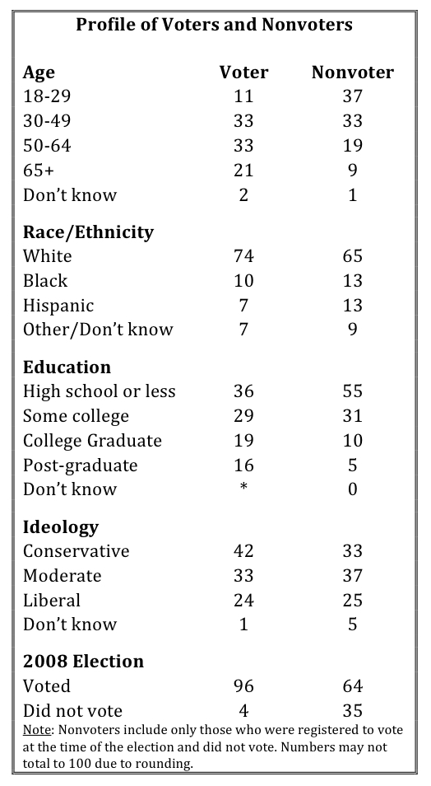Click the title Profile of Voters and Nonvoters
click(x=214, y=25)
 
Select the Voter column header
click(x=243, y=73)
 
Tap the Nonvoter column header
click(x=352, y=73)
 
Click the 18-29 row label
click(x=47, y=96)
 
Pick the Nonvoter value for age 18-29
click(x=352, y=96)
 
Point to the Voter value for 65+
click(x=243, y=171)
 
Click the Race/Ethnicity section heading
click(x=88, y=232)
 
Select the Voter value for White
click(x=243, y=256)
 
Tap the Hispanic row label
click(x=58, y=306)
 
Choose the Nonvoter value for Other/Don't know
click(x=352, y=330)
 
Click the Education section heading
click(x=67, y=367)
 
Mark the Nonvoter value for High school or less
click(x=352, y=391)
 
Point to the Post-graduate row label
click(x=80, y=466)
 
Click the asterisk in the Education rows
click(x=243, y=486)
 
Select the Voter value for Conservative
click(x=243, y=551)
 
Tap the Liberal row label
click(x=52, y=600)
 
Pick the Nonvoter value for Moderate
click(x=352, y=575)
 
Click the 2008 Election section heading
click(x=83, y=662)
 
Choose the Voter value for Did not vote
click(x=243, y=710)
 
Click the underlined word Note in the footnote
click(x=36, y=730)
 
